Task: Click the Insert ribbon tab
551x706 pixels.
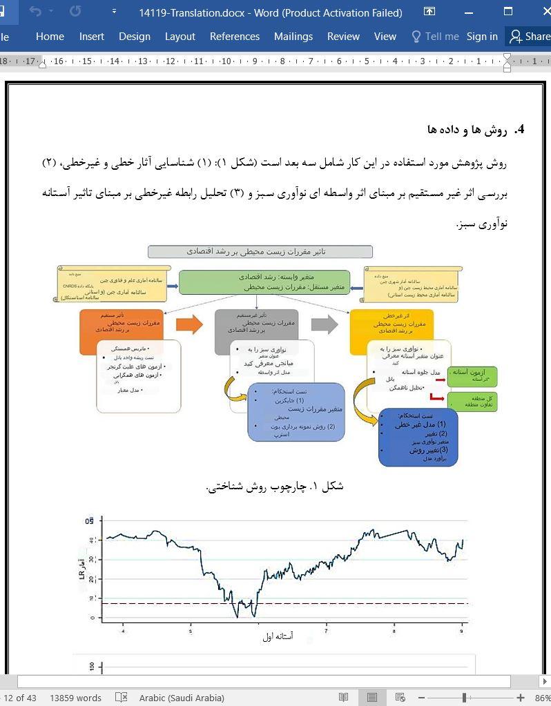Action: click(91, 37)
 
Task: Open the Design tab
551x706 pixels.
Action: click(134, 37)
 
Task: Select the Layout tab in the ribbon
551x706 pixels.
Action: click(180, 37)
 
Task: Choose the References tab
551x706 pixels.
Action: click(234, 37)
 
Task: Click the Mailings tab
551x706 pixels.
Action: click(293, 37)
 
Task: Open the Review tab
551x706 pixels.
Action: click(343, 37)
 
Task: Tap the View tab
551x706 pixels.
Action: click(385, 37)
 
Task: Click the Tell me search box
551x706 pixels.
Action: click(435, 37)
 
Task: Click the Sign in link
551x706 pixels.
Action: click(481, 37)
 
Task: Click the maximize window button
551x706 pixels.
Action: click(508, 12)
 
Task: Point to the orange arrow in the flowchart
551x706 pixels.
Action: click(188, 324)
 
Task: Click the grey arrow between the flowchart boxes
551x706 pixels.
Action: click(324, 324)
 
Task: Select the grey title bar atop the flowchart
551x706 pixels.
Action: click(260, 252)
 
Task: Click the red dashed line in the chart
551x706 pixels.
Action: click(290, 603)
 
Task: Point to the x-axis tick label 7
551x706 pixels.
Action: click(326, 631)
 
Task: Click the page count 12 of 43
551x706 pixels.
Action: click(19, 698)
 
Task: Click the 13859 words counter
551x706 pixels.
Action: click(75, 698)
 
